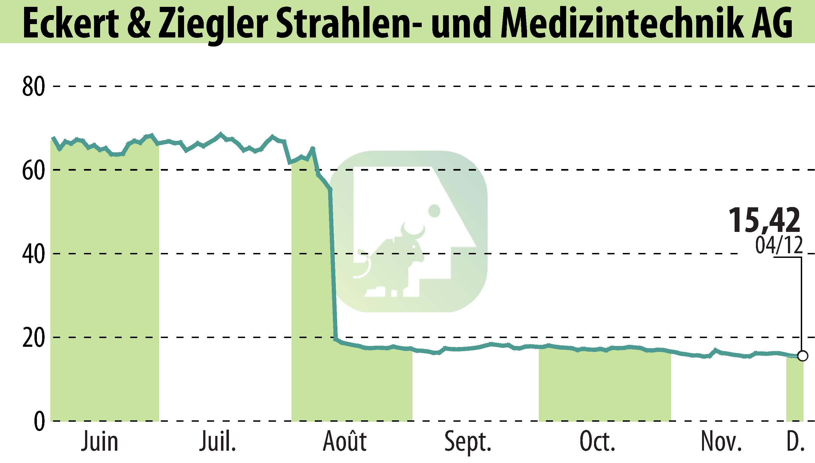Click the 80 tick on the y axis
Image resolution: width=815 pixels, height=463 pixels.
33,87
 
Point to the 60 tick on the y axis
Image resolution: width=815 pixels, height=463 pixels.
33,170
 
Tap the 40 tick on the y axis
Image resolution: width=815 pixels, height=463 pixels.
33,254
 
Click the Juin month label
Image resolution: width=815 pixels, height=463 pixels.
100,441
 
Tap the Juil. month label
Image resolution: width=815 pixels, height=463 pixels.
217,441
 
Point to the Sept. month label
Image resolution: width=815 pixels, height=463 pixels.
468,441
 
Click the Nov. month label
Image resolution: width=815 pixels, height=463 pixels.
721,441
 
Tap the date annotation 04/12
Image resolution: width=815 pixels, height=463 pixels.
779,245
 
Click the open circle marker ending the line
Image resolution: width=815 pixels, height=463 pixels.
803,356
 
